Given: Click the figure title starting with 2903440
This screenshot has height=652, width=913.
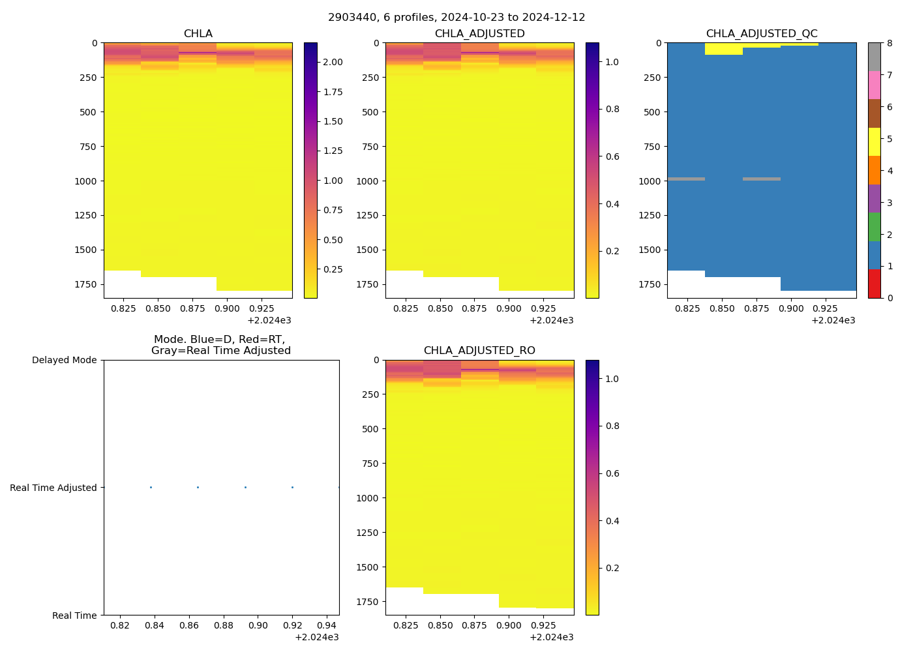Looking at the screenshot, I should click(456, 18).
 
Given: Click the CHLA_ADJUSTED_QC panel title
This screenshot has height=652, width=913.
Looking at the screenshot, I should click(761, 34).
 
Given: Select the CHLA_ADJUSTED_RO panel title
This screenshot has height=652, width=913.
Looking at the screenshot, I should click(479, 351).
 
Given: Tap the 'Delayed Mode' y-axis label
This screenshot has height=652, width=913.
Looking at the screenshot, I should click(64, 360).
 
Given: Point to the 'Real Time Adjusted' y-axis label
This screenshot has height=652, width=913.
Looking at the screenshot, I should click(53, 488).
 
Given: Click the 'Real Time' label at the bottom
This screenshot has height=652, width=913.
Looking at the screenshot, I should click(74, 615).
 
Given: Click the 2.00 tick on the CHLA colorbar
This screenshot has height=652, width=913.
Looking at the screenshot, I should click(333, 62).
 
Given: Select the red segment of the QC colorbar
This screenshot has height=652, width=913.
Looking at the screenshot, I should click(874, 284).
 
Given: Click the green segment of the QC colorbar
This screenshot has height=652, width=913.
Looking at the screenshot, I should click(874, 226).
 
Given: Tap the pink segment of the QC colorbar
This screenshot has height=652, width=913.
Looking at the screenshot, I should click(874, 85).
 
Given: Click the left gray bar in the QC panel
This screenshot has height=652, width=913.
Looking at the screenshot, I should click(686, 179).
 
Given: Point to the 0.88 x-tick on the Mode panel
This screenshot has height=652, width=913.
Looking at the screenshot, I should click(224, 626).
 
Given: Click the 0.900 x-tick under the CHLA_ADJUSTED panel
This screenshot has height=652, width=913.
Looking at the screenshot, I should click(509, 308).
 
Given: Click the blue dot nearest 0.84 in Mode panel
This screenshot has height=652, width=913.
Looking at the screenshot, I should click(151, 488).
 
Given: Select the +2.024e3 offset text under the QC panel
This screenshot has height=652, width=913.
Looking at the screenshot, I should click(833, 320).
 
